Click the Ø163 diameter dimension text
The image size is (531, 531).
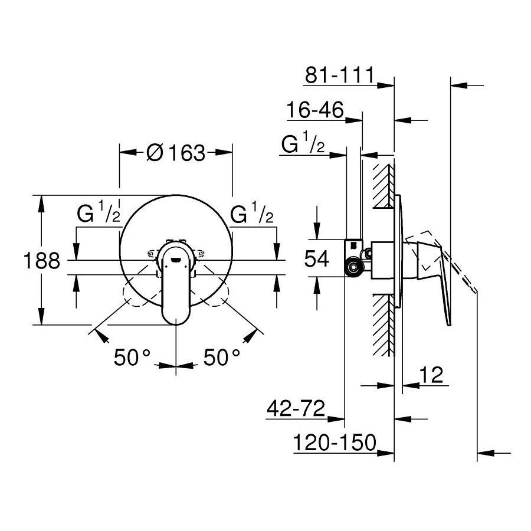pyautogui.click(x=175, y=153)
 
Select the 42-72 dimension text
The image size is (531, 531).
pyautogui.click(x=296, y=408)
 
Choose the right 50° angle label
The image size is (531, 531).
pyautogui.click(x=222, y=357)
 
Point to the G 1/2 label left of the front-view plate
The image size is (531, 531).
pyautogui.click(x=98, y=214)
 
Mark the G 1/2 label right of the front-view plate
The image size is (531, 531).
pyautogui.click(x=252, y=214)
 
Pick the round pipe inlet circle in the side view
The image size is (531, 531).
pyautogui.click(x=354, y=268)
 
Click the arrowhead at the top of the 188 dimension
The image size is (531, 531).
pyautogui.click(x=41, y=201)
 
